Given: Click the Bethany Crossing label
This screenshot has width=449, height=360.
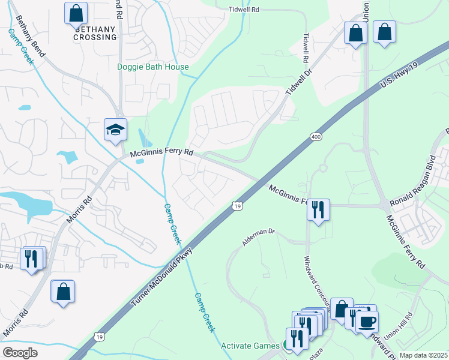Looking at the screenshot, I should tap(95, 33).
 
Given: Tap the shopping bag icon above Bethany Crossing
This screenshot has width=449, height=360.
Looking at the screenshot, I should tap(76, 13).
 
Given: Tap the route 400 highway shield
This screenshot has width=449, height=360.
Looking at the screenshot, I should tap(315, 137).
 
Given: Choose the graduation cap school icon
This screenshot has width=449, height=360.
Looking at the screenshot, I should tap(115, 129).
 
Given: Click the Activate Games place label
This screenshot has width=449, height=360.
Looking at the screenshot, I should tap(250, 346).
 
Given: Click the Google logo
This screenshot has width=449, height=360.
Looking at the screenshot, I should tap(20, 353).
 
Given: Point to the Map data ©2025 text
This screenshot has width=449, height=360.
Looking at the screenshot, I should tap(423, 355).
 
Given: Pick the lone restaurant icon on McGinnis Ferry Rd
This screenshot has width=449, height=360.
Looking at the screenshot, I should tap(318, 209).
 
